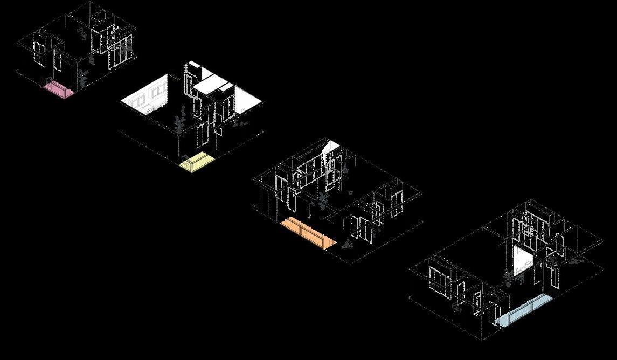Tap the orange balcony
click(x=306, y=231)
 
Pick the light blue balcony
click(x=523, y=312)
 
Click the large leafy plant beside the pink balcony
click(x=83, y=78)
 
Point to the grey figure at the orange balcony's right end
click(x=347, y=245)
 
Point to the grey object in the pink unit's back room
click(x=83, y=33)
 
